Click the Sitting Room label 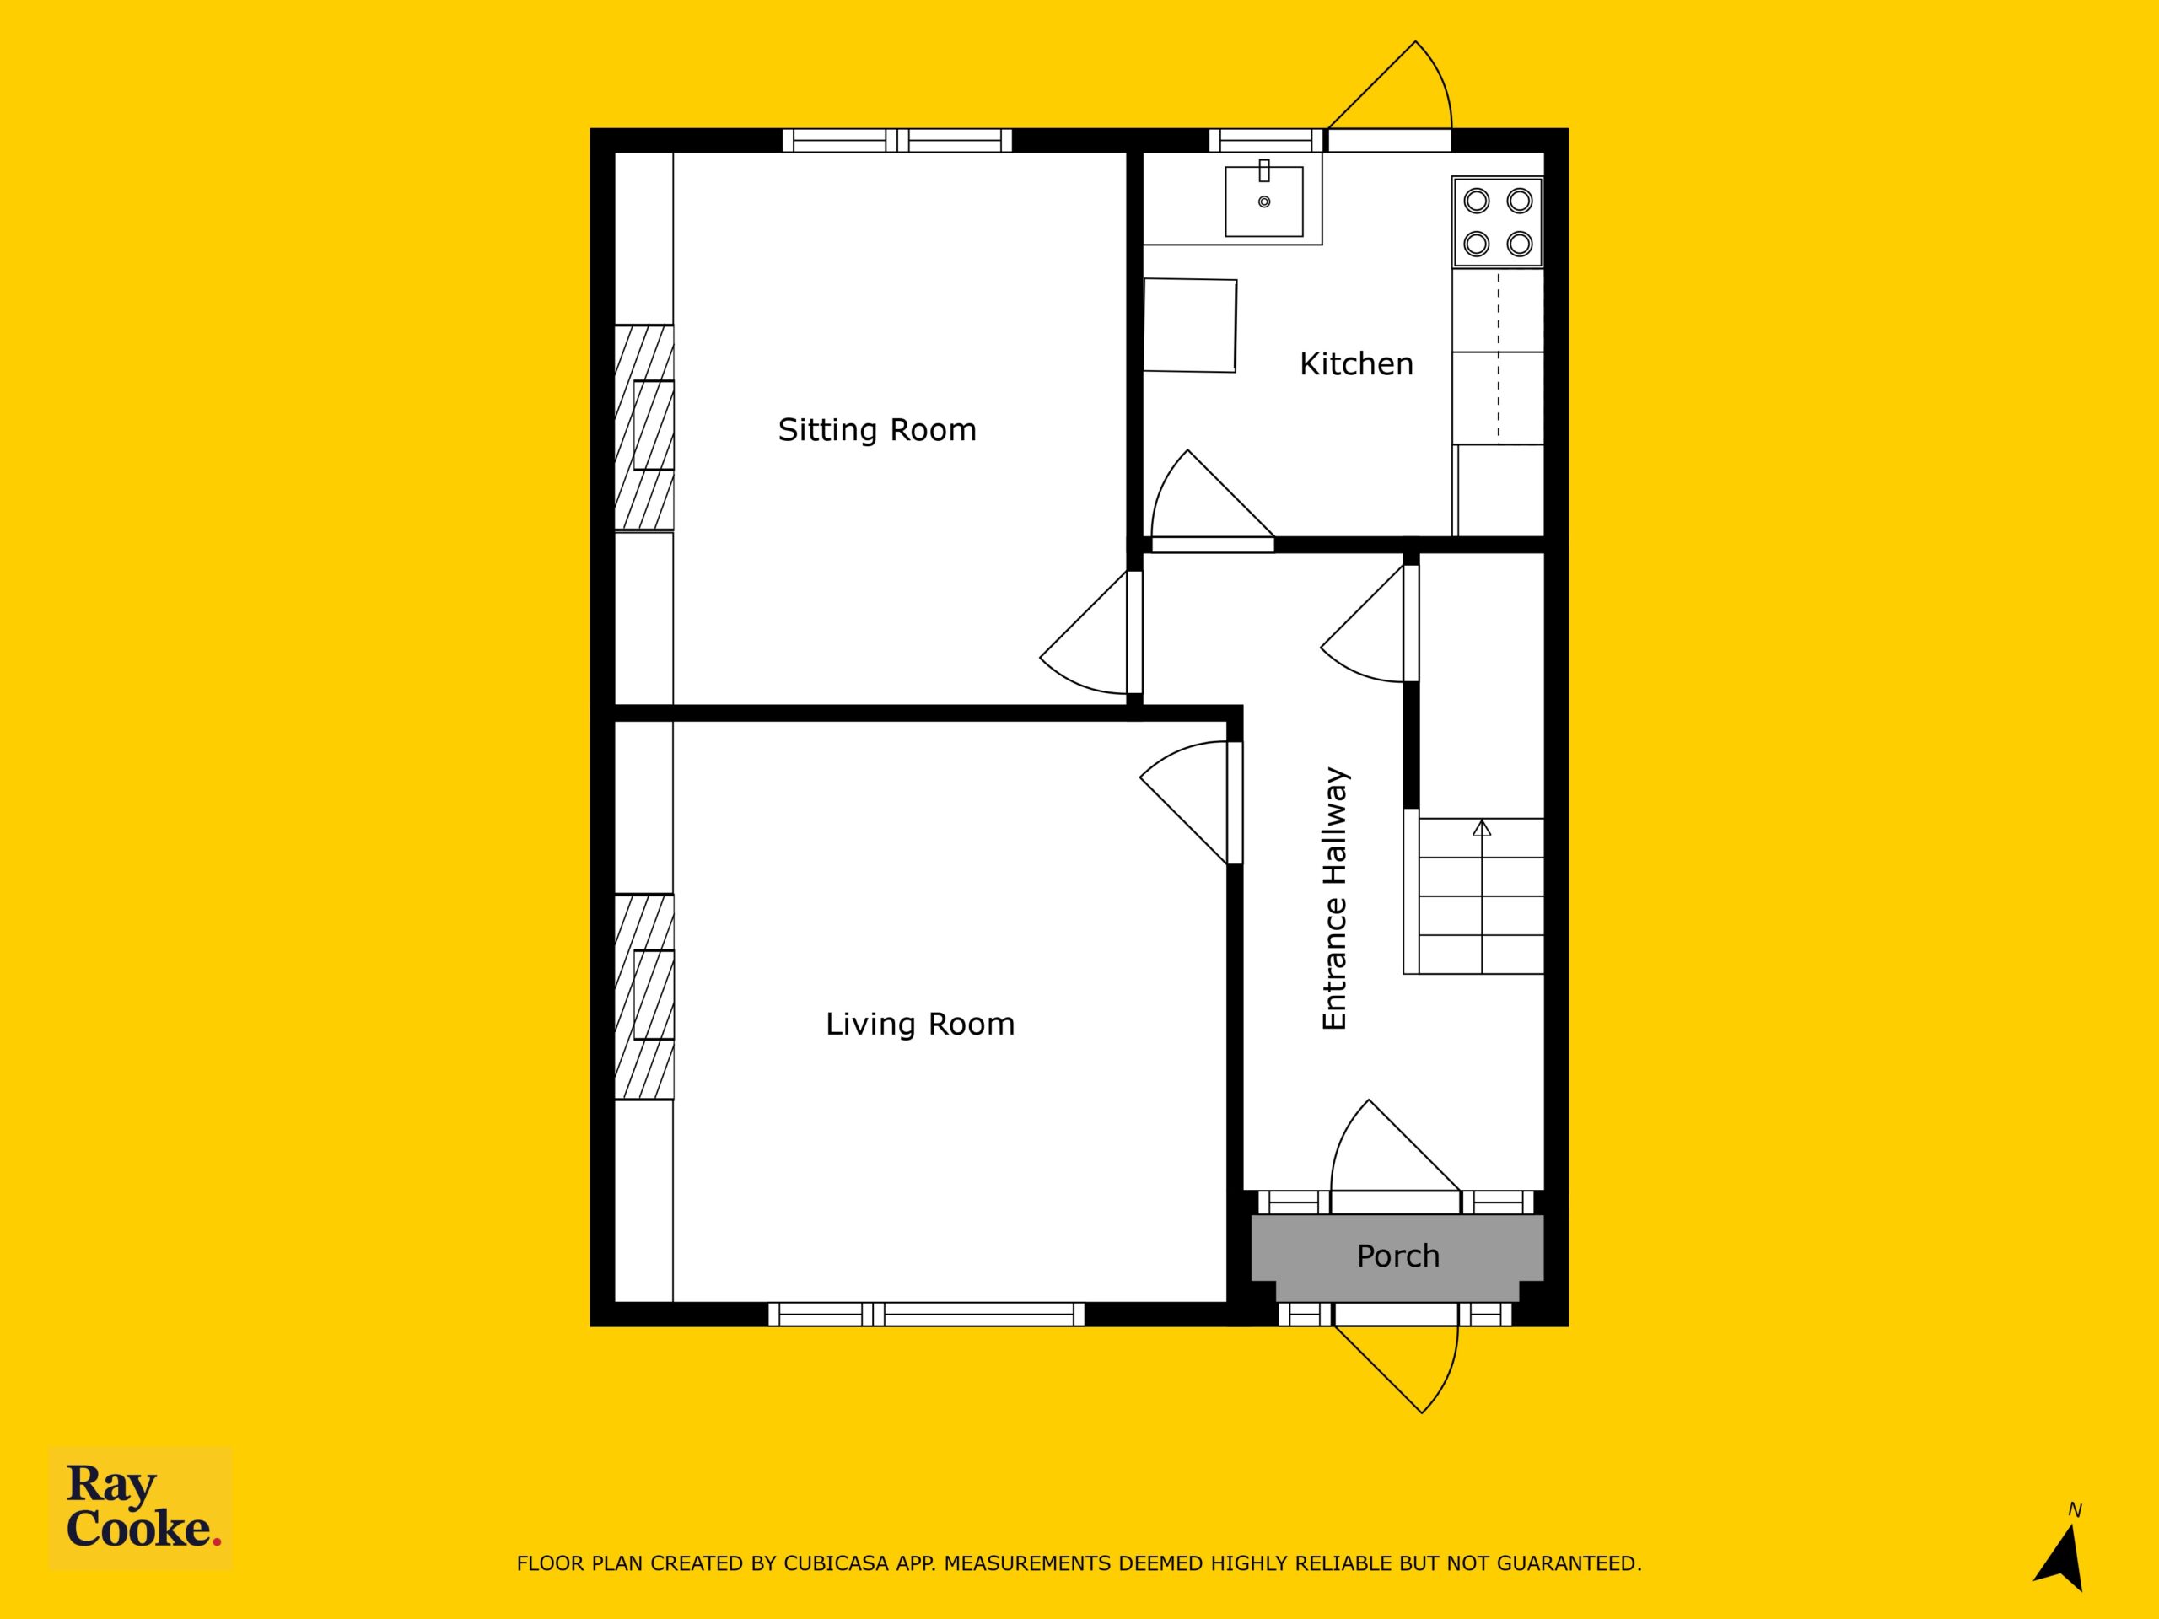coord(876,430)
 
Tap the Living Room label coord(919,1024)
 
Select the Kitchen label coord(1356,364)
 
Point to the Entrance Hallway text coord(1334,898)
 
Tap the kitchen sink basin coord(1264,201)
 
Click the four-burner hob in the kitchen coord(1497,222)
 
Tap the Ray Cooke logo coord(141,1508)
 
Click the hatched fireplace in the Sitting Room coord(643,428)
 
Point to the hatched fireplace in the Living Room coord(643,997)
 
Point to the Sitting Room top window coord(897,141)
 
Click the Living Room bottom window coord(926,1314)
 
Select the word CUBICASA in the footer coord(837,1563)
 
